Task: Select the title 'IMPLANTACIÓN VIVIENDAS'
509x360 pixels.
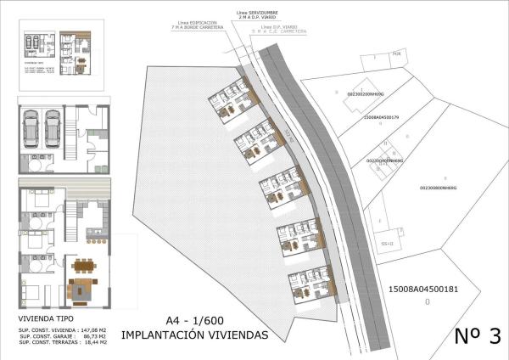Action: point(195,335)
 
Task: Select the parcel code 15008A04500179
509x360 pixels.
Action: point(386,118)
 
